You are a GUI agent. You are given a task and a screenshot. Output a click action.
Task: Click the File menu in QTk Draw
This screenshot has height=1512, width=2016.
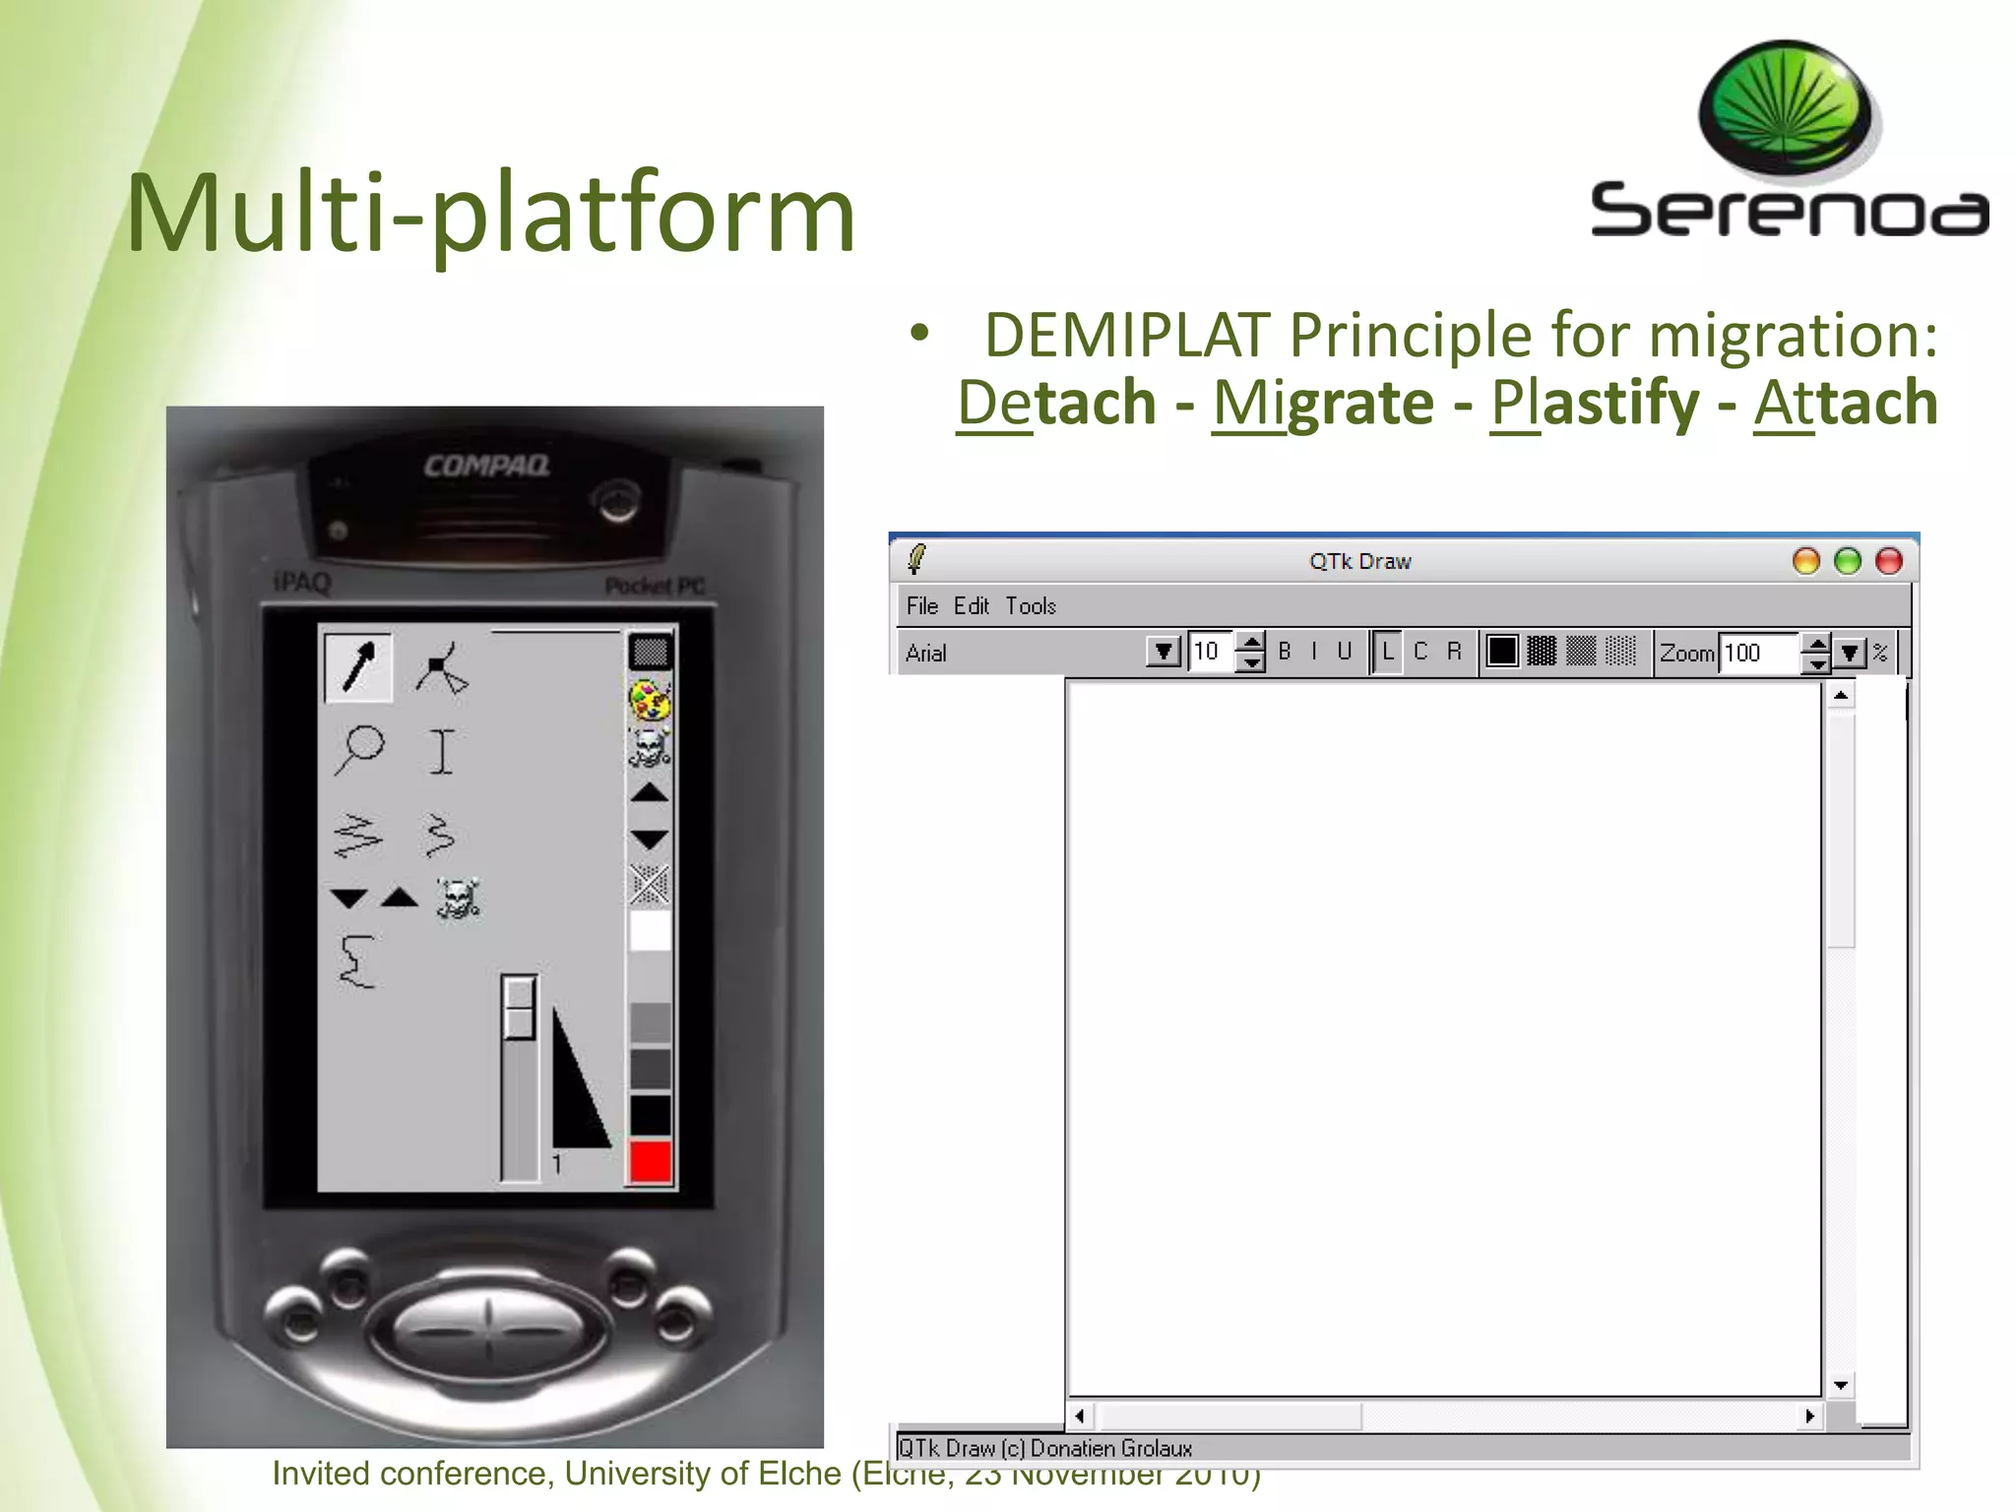click(x=922, y=606)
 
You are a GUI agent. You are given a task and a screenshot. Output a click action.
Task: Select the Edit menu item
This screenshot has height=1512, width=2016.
click(x=972, y=606)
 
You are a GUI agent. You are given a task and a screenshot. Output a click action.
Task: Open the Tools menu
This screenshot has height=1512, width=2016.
click(x=1031, y=606)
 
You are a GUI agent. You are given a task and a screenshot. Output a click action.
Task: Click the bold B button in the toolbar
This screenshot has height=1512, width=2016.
click(x=1285, y=652)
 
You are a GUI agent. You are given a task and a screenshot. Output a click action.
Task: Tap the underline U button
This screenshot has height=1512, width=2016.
click(x=1344, y=652)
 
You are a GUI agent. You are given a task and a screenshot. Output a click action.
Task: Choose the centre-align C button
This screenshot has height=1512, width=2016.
click(x=1420, y=652)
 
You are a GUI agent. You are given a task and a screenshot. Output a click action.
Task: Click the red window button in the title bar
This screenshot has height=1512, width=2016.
click(x=1889, y=561)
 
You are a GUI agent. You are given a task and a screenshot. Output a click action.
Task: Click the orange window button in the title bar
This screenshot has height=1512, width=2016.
click(x=1806, y=561)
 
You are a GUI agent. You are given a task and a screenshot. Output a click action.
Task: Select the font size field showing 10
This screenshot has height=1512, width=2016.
click(x=1210, y=652)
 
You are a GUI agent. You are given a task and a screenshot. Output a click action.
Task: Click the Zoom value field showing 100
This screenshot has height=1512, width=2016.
click(x=1758, y=653)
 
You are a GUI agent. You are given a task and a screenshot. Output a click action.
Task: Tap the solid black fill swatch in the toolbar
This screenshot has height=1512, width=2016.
click(x=1502, y=652)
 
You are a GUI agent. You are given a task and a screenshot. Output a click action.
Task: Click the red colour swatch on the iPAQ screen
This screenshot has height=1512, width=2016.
click(x=650, y=1162)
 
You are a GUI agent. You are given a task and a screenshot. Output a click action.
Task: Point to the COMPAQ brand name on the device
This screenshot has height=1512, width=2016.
click(x=486, y=466)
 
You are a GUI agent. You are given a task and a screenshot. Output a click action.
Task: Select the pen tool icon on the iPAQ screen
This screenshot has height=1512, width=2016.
click(x=358, y=667)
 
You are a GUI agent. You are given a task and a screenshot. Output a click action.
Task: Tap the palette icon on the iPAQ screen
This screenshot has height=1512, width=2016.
click(x=650, y=702)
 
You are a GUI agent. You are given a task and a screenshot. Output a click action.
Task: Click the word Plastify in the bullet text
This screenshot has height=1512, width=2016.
click(x=1595, y=403)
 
